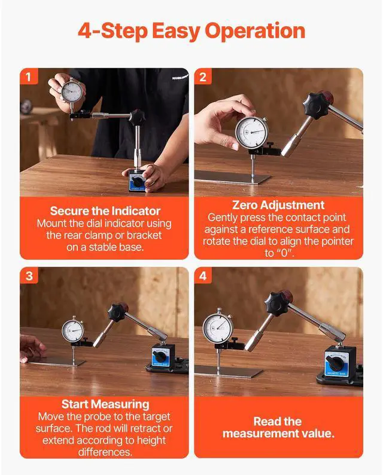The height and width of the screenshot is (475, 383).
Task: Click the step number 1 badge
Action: [29, 76]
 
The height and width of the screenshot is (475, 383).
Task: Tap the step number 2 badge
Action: [203, 76]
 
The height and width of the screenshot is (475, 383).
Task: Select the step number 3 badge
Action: [29, 275]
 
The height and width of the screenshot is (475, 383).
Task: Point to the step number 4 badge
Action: [203, 275]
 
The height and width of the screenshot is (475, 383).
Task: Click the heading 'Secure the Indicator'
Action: [105, 211]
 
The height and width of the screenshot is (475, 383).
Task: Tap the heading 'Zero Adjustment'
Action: [278, 205]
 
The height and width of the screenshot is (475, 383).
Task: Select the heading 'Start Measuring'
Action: [105, 404]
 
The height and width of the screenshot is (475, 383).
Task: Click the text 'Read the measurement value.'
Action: [278, 427]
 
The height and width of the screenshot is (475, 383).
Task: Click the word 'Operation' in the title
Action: [255, 31]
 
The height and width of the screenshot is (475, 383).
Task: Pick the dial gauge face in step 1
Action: [72, 91]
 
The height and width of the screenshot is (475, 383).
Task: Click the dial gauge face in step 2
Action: [252, 132]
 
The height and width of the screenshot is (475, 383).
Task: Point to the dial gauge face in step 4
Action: [218, 328]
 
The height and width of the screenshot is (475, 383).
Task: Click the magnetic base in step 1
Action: [138, 181]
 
